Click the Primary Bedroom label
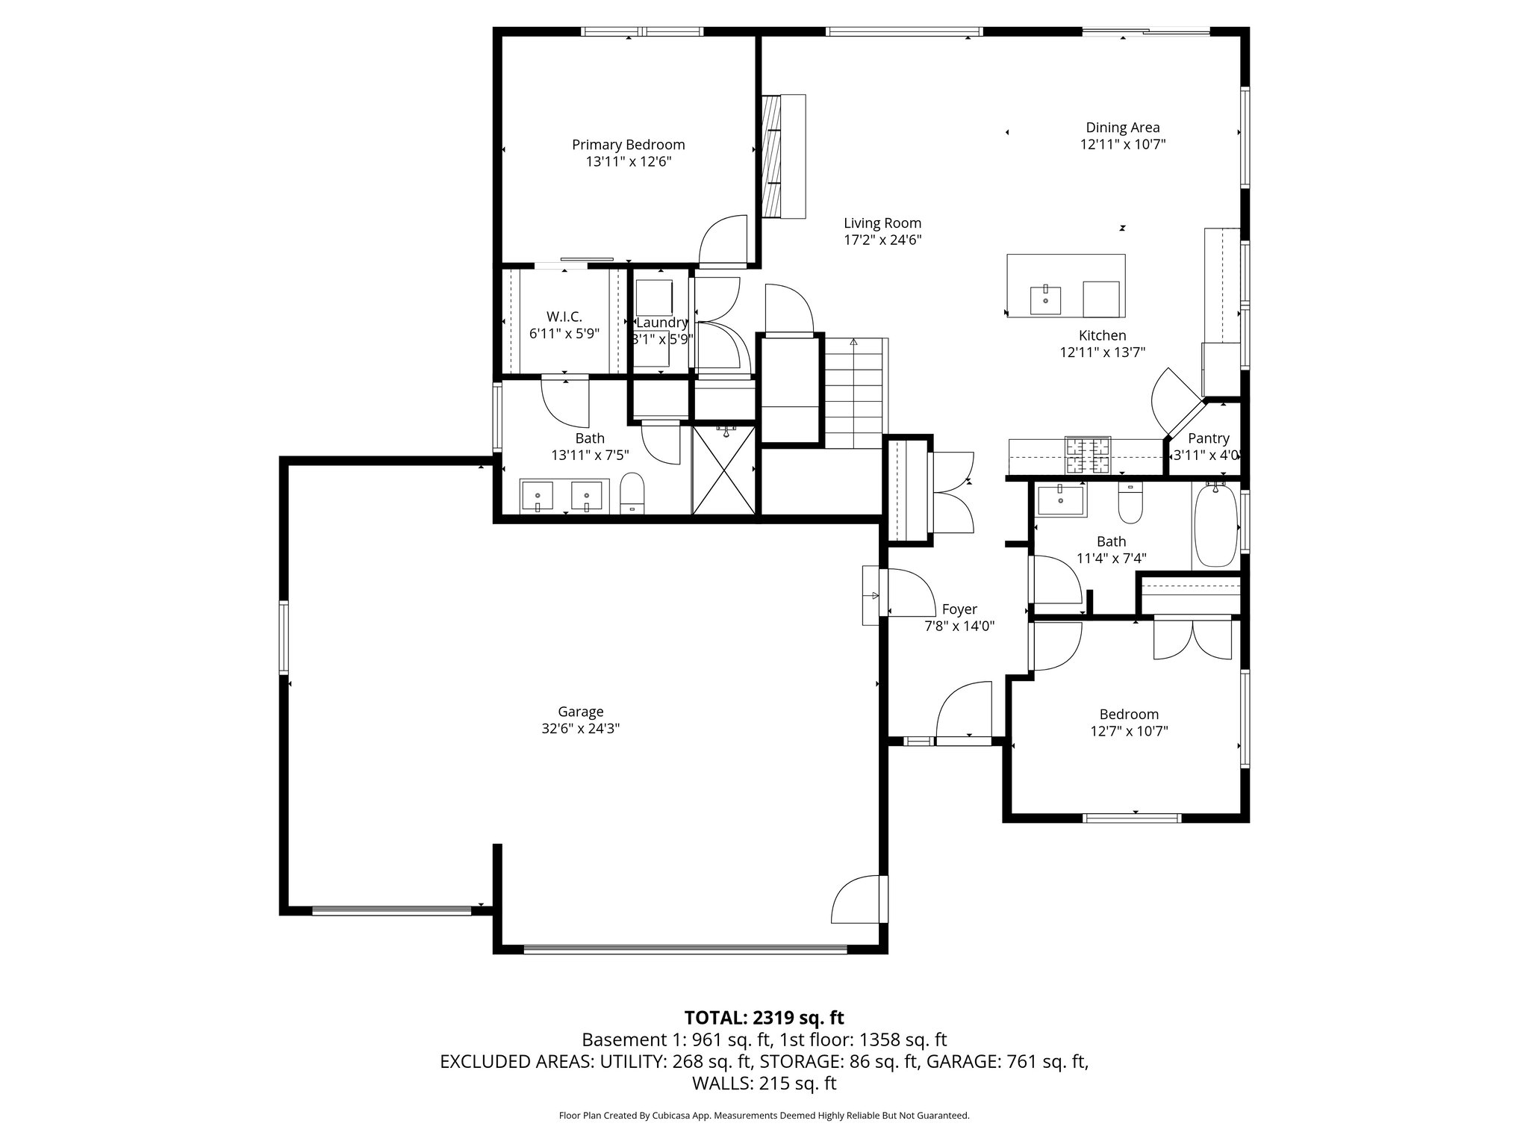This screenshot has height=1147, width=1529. (x=628, y=145)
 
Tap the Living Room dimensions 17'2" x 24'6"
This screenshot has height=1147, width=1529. (x=882, y=240)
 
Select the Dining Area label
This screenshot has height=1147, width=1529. (x=1122, y=128)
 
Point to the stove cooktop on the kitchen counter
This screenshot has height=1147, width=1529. (x=1088, y=456)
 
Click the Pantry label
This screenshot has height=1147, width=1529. (x=1208, y=438)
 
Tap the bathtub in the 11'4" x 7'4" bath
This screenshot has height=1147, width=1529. (x=1215, y=526)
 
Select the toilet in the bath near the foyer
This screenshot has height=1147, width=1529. (x=1130, y=504)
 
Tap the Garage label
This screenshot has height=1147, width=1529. (x=580, y=712)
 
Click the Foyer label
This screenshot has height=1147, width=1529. (x=959, y=609)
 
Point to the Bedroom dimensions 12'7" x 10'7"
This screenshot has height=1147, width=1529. (x=1129, y=731)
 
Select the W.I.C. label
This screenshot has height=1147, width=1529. (x=564, y=317)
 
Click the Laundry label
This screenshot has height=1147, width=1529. (x=661, y=323)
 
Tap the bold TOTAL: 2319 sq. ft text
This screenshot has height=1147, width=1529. (x=764, y=1017)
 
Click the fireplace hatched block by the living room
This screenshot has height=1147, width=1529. (x=770, y=156)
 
